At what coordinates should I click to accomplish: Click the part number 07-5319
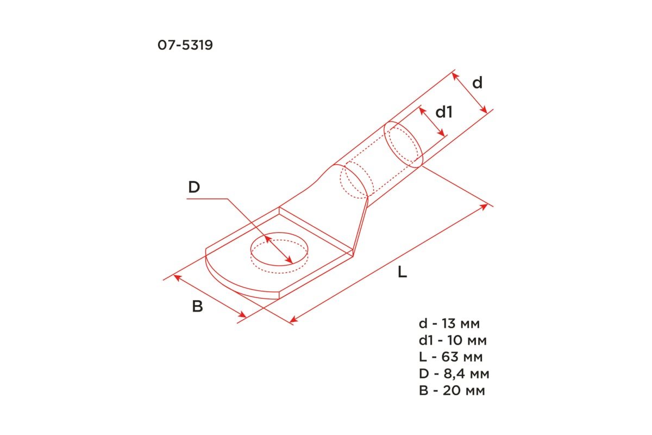click(x=185, y=46)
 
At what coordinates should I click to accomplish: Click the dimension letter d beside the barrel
click(x=477, y=83)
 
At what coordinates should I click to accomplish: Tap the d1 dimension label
click(x=444, y=112)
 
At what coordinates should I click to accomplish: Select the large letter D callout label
click(x=194, y=188)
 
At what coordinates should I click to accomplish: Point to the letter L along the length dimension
click(x=402, y=272)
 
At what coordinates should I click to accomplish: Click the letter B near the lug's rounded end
click(x=198, y=307)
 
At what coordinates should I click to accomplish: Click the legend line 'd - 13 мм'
click(x=449, y=324)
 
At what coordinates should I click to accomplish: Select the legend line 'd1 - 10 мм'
click(x=452, y=341)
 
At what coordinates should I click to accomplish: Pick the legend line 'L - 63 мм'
click(x=450, y=357)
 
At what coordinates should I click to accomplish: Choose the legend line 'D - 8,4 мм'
click(x=454, y=374)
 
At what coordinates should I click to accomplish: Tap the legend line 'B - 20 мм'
click(x=452, y=390)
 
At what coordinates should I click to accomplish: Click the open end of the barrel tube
click(x=404, y=145)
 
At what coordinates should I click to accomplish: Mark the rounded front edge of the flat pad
click(x=228, y=283)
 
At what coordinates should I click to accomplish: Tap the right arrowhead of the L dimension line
click(x=485, y=206)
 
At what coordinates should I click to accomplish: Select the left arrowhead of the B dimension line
click(x=176, y=277)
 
